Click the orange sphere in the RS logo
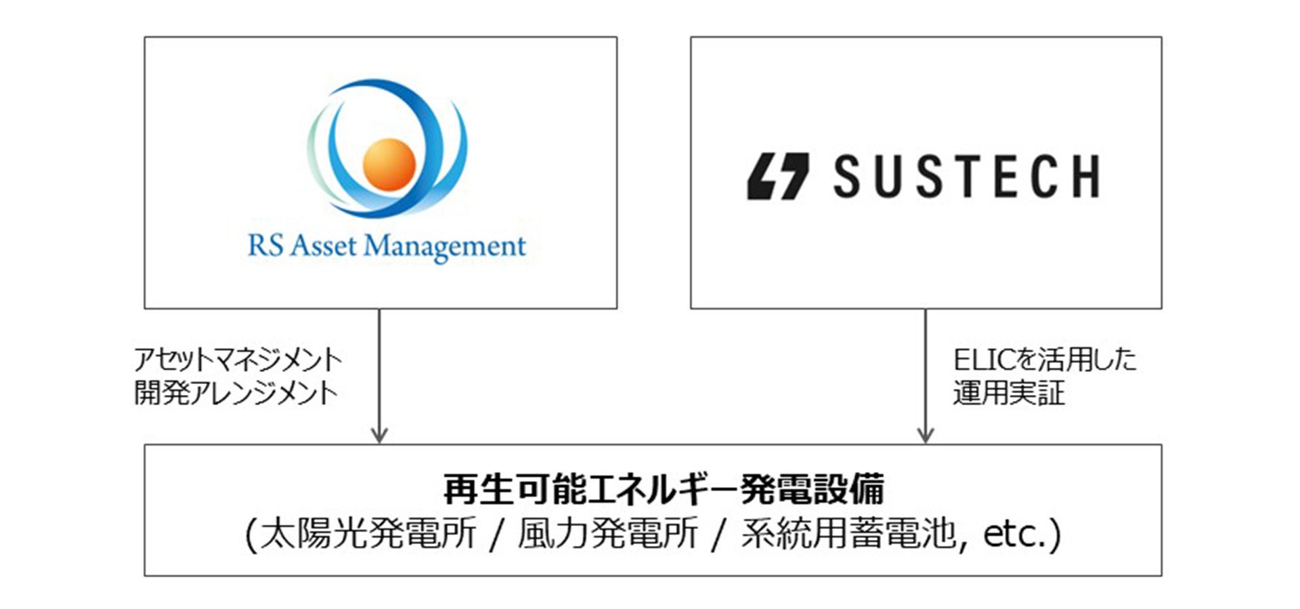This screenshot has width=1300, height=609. (389, 165)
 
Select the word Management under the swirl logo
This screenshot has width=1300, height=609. (445, 247)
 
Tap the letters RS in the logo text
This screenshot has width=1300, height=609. (265, 245)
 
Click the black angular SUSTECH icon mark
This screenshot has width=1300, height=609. (778, 176)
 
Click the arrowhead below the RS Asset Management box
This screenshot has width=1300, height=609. (379, 434)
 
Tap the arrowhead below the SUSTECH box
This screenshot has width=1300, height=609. (925, 434)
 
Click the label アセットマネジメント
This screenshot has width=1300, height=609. (238, 360)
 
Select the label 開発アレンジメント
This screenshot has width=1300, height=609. (236, 393)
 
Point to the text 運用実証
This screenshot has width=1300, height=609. (1008, 393)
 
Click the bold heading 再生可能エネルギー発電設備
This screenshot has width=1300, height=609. (663, 489)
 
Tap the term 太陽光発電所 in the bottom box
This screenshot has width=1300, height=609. (368, 534)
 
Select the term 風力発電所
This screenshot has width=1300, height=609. (607, 534)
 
